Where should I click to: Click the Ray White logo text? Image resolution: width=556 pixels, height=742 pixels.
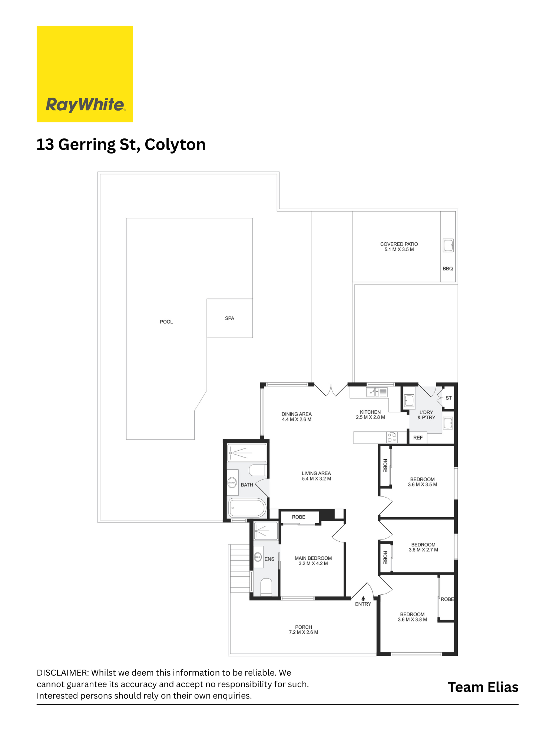[x=85, y=105]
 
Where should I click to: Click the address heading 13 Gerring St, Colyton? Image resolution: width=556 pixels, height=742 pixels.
[x=121, y=145]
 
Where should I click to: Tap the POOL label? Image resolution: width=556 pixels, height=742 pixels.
[x=166, y=322]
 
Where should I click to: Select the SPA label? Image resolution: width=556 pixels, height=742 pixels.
[x=229, y=318]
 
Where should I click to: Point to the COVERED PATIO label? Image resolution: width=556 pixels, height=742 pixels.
[x=399, y=244]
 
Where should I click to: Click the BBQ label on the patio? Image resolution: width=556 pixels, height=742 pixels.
[x=448, y=269]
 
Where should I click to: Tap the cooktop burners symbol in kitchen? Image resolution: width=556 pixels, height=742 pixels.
[x=392, y=437]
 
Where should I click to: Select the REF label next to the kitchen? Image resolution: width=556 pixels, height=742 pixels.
[x=418, y=438]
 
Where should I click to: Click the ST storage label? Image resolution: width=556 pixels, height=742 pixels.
[x=449, y=398]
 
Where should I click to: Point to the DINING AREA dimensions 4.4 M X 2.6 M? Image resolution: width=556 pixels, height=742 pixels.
[x=297, y=420]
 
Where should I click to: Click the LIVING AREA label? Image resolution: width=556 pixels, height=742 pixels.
[x=316, y=473]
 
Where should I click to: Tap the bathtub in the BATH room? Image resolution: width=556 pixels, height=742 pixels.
[x=247, y=508]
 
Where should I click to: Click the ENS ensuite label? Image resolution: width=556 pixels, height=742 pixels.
[x=269, y=559]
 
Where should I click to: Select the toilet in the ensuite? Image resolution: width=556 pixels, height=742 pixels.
[x=266, y=587]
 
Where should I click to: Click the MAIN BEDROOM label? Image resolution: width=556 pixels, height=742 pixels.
[x=313, y=558]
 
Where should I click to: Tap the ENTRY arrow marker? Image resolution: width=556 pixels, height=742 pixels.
[x=363, y=598]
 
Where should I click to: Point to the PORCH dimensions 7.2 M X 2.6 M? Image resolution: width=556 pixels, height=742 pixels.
[x=304, y=633]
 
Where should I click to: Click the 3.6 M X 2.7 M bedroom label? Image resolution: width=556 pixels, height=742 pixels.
[x=423, y=550]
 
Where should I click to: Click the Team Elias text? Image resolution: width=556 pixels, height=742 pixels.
[x=483, y=687]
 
